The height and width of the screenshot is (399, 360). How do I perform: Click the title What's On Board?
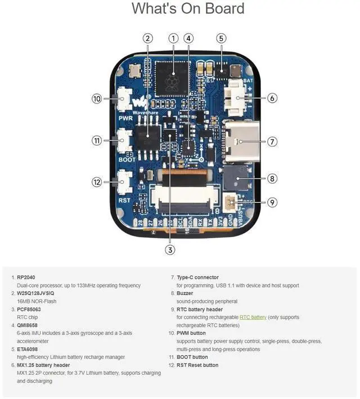pos(188,9)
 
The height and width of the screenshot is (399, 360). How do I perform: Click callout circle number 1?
pos(173,38)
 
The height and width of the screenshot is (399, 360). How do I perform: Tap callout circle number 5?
pos(221,38)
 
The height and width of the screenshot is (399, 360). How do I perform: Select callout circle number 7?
pos(272,142)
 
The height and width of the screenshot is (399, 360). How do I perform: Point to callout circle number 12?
pos(97,182)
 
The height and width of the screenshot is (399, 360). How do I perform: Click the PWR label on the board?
pos(125,119)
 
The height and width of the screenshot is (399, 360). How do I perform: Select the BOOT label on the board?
pos(127,159)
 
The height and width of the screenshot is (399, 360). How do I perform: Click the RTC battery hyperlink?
pos(253,318)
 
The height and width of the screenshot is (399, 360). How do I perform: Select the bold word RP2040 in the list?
pos(26,278)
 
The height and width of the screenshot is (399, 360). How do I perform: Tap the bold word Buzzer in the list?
pos(185,293)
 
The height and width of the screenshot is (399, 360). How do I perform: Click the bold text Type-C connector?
pos(197,278)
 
